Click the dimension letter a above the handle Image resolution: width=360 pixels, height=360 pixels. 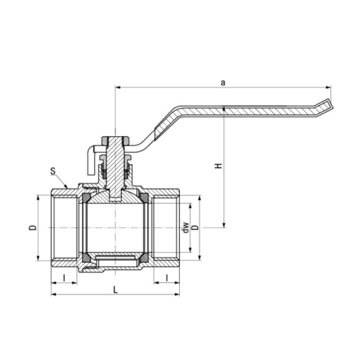pos(223,83)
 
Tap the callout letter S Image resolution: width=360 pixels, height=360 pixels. pos(53,171)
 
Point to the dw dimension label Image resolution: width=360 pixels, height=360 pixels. pos(185,228)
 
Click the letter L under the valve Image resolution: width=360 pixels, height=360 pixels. pos(116,290)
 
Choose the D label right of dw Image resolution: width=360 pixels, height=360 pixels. pos(196,228)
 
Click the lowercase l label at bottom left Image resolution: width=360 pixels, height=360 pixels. pos(64,278)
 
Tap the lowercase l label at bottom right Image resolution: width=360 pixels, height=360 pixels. pos(167,278)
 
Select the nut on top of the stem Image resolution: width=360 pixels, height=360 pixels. pos(115,140)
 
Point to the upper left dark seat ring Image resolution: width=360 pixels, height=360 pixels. pos(86,198)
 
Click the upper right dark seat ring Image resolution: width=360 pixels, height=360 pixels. pos(145,198)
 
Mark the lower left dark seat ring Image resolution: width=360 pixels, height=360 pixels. pos(86,257)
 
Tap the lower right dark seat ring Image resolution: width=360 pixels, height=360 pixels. pos(145,257)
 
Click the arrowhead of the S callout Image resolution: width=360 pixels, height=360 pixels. pos(67,186)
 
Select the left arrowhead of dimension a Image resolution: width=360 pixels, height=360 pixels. pos(117,87)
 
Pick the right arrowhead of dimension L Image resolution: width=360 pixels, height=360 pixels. pos(177,294)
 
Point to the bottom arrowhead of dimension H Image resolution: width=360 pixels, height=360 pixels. pos(224,225)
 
